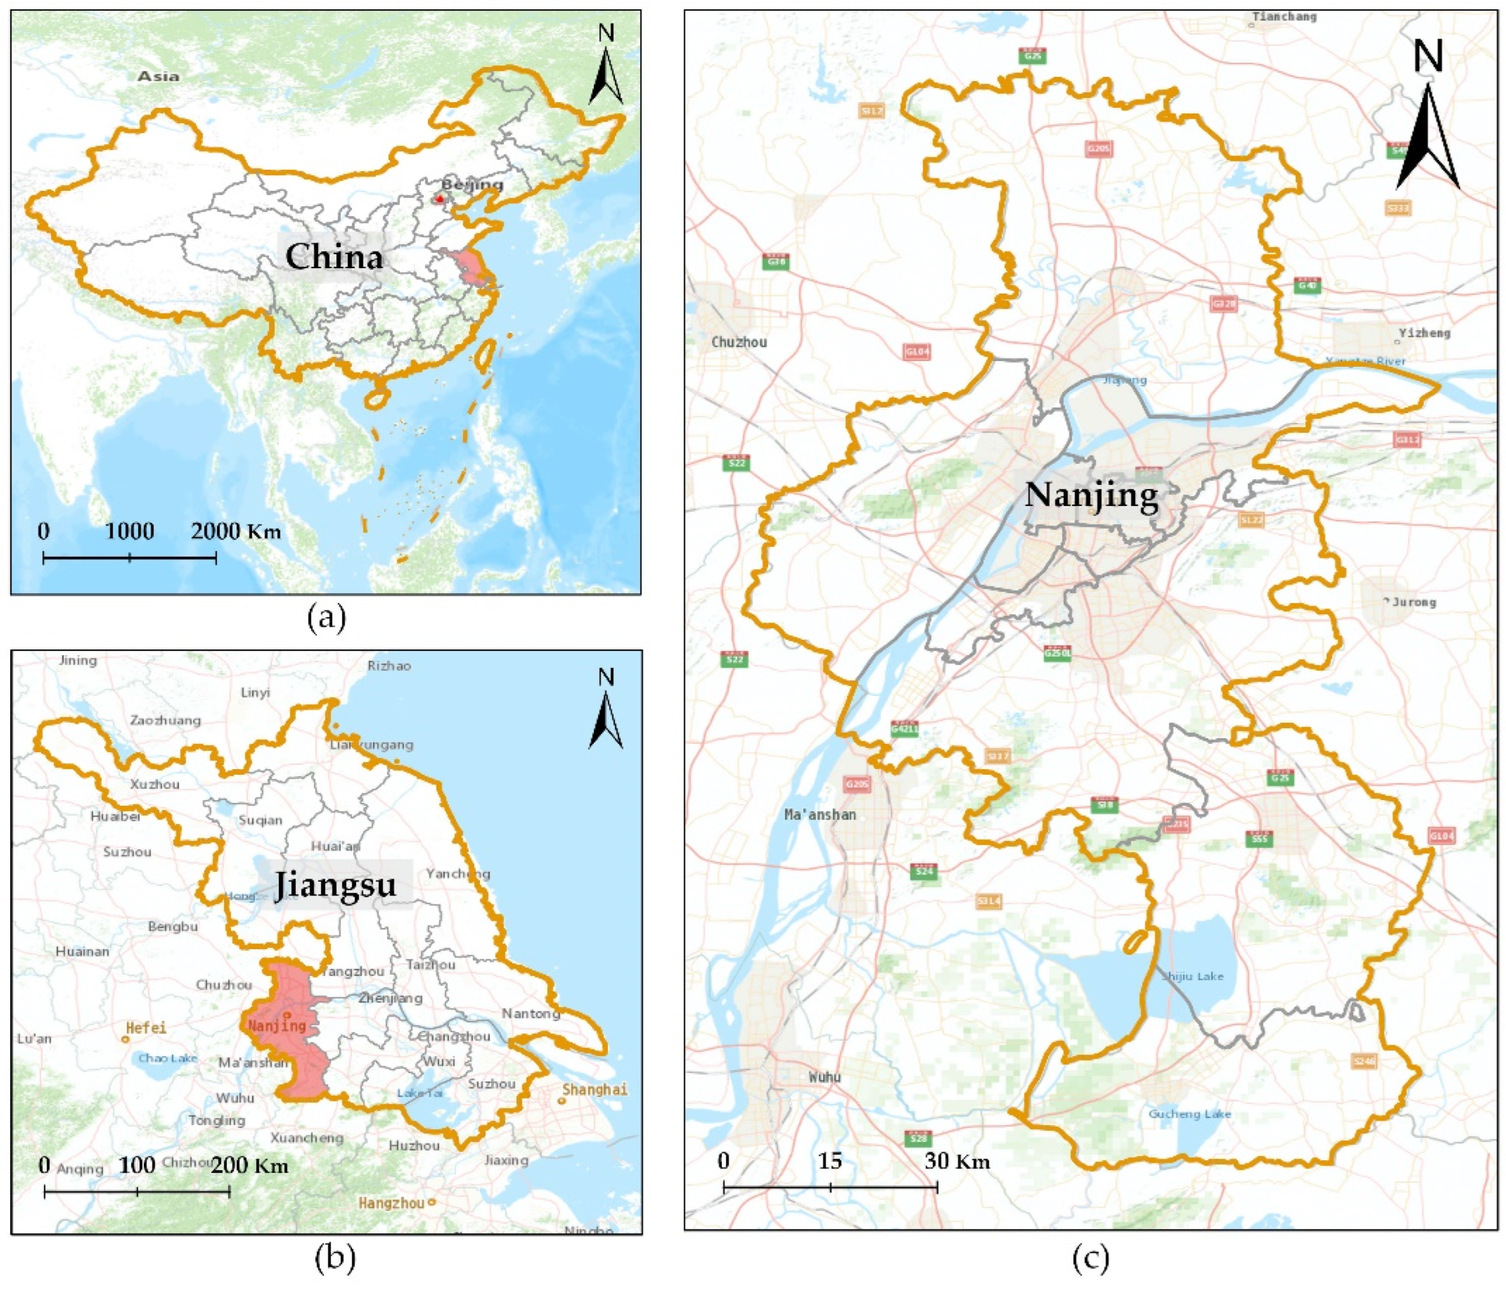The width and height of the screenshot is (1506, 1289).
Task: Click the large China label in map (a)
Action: pyautogui.click(x=334, y=257)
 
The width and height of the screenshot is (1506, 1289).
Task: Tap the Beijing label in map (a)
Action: pyautogui.click(x=472, y=185)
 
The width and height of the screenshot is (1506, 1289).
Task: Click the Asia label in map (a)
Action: pyautogui.click(x=158, y=76)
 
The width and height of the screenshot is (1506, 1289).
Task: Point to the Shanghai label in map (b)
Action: pyautogui.click(x=594, y=1089)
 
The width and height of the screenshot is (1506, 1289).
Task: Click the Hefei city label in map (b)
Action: pyautogui.click(x=146, y=1028)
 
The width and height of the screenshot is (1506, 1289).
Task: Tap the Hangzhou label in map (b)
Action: pyautogui.click(x=391, y=1203)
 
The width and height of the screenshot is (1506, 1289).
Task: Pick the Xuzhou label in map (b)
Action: pyautogui.click(x=154, y=784)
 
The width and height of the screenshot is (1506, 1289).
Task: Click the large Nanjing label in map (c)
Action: pyautogui.click(x=1091, y=496)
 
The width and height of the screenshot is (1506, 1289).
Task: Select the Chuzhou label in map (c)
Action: pyautogui.click(x=738, y=342)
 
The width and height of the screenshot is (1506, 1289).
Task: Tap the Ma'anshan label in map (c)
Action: pyautogui.click(x=820, y=814)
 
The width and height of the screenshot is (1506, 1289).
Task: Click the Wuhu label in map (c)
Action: pyautogui.click(x=824, y=1076)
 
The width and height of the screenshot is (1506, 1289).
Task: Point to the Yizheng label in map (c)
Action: pyautogui.click(x=1424, y=333)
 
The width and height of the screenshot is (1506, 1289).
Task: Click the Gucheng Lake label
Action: pyautogui.click(x=1189, y=1114)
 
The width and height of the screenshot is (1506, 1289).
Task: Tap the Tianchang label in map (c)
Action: pyautogui.click(x=1284, y=16)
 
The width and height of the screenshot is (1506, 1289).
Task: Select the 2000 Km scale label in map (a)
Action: pyautogui.click(x=236, y=531)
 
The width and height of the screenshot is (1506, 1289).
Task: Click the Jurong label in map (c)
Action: pyautogui.click(x=1413, y=602)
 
